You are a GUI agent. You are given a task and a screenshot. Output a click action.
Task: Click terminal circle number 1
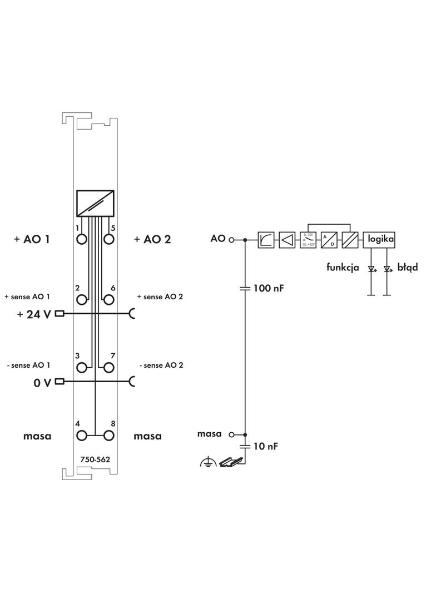pyautogui.click(x=82, y=239)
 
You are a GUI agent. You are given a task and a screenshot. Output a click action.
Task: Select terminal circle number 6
pyautogui.click(x=108, y=300)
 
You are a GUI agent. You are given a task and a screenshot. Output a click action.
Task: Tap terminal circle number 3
pyautogui.click(x=82, y=367)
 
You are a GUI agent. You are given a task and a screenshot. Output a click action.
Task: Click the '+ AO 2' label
pyautogui.click(x=152, y=239)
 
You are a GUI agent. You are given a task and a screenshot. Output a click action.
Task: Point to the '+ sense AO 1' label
pyautogui.click(x=27, y=296)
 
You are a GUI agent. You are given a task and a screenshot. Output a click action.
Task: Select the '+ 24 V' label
pyautogui.click(x=33, y=314)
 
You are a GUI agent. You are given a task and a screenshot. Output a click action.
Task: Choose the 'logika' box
pyautogui.click(x=380, y=240)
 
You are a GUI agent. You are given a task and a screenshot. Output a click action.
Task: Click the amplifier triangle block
pyautogui.click(x=287, y=240)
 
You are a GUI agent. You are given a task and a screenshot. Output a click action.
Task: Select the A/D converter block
pyautogui.click(x=329, y=240)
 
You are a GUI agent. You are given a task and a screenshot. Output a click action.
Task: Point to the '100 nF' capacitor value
pyautogui.click(x=270, y=289)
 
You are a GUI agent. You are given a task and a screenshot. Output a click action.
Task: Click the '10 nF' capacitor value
pyautogui.click(x=266, y=446)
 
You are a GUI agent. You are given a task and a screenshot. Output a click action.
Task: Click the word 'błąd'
pyautogui.click(x=407, y=268)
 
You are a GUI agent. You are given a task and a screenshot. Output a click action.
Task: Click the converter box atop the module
pyautogui.click(x=95, y=203)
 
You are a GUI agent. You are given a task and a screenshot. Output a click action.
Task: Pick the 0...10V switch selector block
pyautogui.click(x=308, y=240)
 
